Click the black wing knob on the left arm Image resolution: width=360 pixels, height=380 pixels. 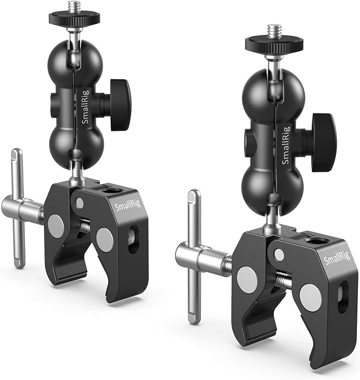pyautogui.click(x=120, y=105)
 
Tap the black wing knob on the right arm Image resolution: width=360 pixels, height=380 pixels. pyautogui.click(x=323, y=143)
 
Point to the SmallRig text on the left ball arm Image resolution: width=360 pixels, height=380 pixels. pyautogui.click(x=85, y=107)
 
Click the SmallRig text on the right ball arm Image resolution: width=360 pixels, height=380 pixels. pyautogui.click(x=286, y=145)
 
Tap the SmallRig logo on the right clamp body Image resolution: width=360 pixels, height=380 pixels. pyautogui.click(x=337, y=258)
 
